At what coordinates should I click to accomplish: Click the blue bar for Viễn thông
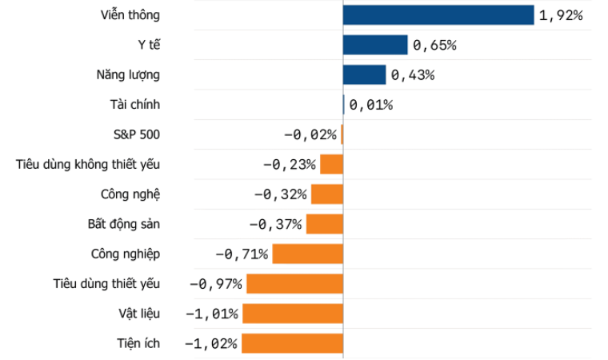[x=438, y=15]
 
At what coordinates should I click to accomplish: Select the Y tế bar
[x=375, y=45]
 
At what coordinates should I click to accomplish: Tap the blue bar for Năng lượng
[x=365, y=75]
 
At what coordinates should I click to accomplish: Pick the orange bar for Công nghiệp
[x=308, y=254]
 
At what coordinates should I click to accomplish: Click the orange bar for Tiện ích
[x=292, y=343]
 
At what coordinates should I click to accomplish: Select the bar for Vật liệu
[x=293, y=314]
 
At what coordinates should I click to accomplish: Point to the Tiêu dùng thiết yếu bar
[x=295, y=283]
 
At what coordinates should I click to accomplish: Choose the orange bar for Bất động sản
[x=325, y=224]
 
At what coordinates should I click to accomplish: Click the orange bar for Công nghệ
[x=327, y=194]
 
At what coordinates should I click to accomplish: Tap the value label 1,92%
[x=561, y=15]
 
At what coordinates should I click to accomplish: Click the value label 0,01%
[x=371, y=105]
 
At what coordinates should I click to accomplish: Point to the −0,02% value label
[x=310, y=134]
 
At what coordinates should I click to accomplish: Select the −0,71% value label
[x=242, y=254]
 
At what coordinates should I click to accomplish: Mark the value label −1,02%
[x=211, y=344]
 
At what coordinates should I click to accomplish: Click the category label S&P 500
[x=137, y=134]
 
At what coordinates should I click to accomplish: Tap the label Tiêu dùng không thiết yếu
[x=88, y=165]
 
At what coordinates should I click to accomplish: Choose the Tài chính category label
[x=135, y=104]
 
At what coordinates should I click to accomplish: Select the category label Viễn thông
[x=130, y=14]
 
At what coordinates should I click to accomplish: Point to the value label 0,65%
[x=434, y=46]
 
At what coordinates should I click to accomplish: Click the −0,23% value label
[x=290, y=165]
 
